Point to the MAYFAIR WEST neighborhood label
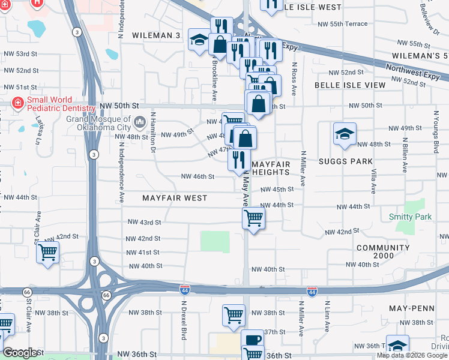(x=175, y=198)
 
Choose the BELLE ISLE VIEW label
(x=351, y=85)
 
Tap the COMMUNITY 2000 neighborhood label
(x=382, y=253)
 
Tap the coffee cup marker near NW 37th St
(x=252, y=340)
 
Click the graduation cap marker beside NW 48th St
(x=345, y=134)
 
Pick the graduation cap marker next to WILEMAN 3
(x=199, y=41)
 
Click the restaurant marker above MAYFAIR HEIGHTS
(x=239, y=160)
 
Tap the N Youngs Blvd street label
(x=436, y=130)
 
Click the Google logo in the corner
(x=20, y=353)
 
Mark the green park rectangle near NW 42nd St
(x=215, y=241)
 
